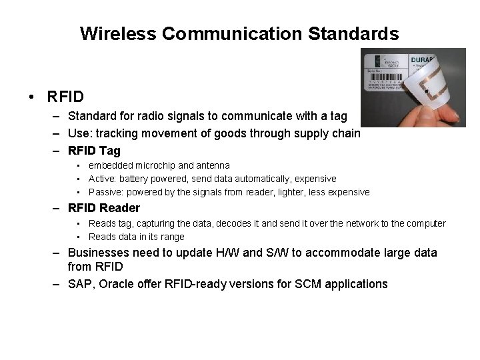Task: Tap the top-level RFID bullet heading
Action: pos(65,97)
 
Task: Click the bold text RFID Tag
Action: pos(95,151)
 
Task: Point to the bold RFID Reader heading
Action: pos(104,208)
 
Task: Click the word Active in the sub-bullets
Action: pos(103,179)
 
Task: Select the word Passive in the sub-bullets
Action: pos(105,192)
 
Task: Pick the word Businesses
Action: pos(102,253)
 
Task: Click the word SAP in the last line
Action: pos(80,284)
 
